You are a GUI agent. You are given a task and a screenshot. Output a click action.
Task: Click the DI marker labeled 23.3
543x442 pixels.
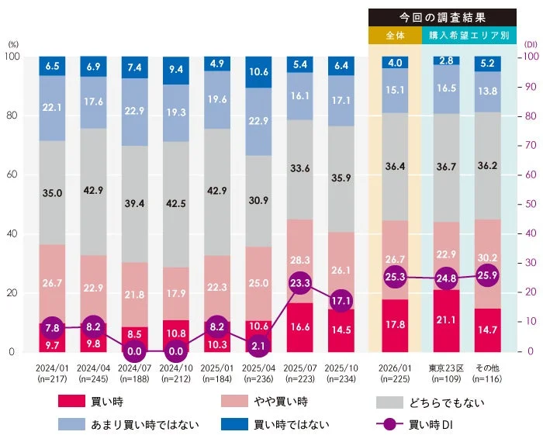click(300, 284)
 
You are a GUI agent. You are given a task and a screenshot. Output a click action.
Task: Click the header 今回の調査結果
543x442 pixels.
click(442, 17)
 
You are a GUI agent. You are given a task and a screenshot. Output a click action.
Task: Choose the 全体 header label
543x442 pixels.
click(394, 36)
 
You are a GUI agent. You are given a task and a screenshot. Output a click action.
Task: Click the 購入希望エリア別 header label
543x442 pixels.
click(469, 36)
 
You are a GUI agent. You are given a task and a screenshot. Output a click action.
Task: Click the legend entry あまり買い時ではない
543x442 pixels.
click(144, 424)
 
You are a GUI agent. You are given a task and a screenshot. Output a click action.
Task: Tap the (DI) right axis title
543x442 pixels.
click(530, 45)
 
